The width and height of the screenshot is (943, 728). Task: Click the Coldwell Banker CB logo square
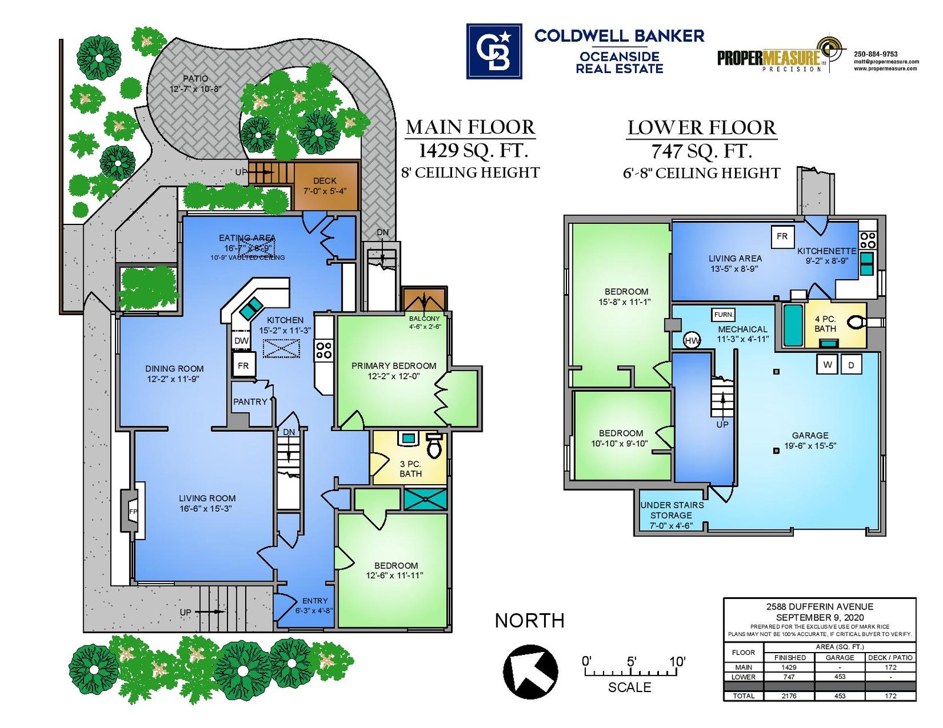click(x=494, y=51)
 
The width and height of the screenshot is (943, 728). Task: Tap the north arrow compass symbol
click(x=530, y=671)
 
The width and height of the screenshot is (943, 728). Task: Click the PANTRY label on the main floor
click(x=250, y=402)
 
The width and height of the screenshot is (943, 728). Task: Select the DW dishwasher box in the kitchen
click(x=242, y=340)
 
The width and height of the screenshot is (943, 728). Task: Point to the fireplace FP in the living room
click(x=133, y=511)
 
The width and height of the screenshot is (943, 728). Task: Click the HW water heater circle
click(x=692, y=340)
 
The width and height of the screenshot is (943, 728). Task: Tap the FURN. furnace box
click(x=723, y=315)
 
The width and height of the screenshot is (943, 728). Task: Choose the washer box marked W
click(x=827, y=365)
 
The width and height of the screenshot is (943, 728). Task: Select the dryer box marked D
click(x=851, y=365)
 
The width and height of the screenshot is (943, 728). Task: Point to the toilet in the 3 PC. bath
click(x=434, y=446)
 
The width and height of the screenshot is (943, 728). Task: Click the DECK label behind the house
click(x=325, y=181)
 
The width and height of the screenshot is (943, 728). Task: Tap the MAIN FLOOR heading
click(x=470, y=127)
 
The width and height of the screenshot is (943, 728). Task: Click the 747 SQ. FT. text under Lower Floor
click(x=701, y=151)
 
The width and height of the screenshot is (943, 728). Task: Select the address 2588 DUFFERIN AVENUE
click(x=819, y=606)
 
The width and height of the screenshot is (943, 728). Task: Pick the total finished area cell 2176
click(x=789, y=696)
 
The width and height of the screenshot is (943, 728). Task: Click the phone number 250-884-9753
click(x=875, y=54)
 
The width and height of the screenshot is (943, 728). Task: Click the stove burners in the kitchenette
click(x=868, y=240)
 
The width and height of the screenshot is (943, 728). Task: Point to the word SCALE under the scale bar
click(x=629, y=687)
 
